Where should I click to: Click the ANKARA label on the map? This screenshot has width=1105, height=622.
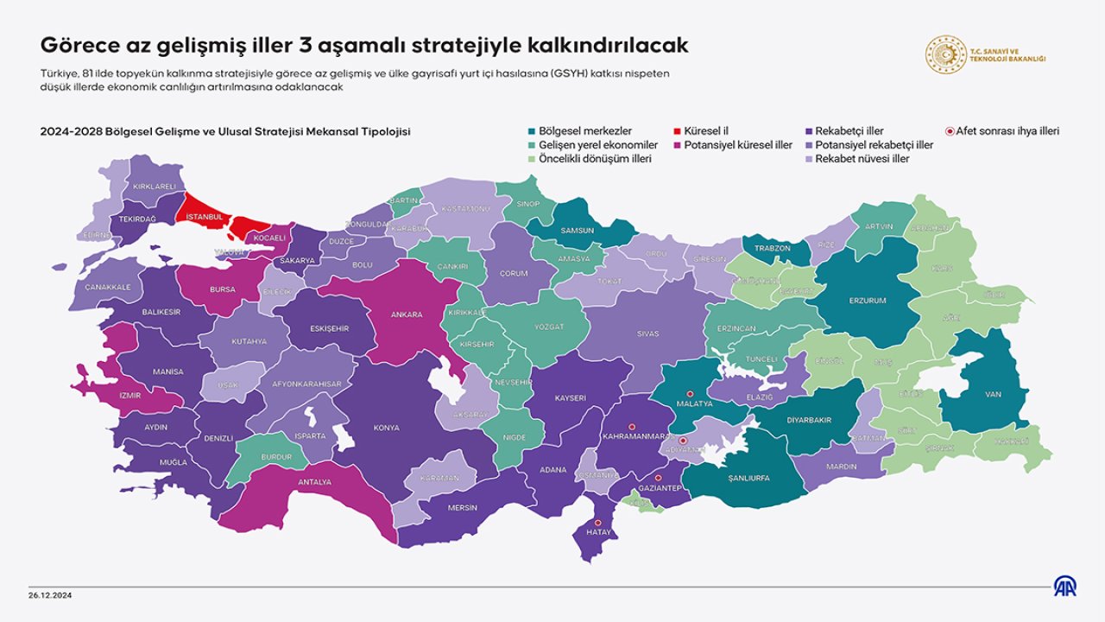[407, 314]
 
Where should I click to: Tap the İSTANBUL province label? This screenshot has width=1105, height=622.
[205, 216]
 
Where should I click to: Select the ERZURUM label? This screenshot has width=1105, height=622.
[868, 301]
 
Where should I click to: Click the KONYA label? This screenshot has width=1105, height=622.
[386, 428]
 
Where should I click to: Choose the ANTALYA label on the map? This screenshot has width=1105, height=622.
[313, 482]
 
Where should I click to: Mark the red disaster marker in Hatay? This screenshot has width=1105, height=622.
[598, 523]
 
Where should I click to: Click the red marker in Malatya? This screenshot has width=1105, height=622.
[689, 393]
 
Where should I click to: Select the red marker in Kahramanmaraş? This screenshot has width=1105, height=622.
[631, 426]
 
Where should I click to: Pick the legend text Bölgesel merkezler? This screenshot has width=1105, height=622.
[584, 131]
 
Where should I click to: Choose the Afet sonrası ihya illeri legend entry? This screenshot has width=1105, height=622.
[1007, 131]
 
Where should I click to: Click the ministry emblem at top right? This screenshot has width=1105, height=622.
[944, 55]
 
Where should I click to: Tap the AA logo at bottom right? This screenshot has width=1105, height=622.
[1064, 586]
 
